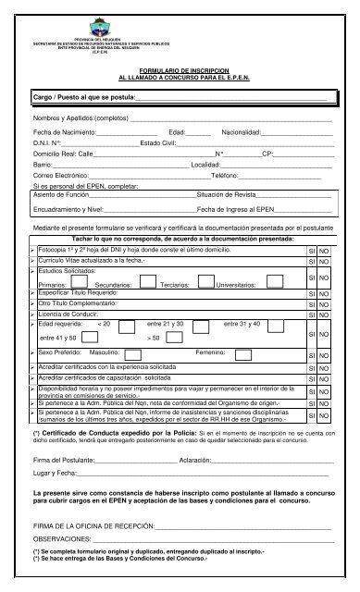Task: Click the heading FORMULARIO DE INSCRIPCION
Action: click(x=180, y=69)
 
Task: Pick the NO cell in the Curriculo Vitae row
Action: click(x=330, y=264)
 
